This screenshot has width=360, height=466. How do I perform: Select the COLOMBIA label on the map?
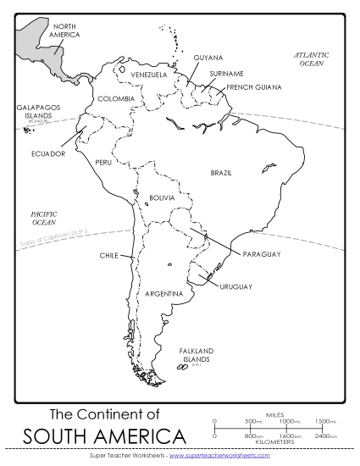coord(116,98)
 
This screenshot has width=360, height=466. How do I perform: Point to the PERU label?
coord(103,162)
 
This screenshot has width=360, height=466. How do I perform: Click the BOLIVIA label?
coord(162,197)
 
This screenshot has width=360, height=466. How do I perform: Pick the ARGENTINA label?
coord(164,293)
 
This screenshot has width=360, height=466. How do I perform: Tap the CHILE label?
coord(108,254)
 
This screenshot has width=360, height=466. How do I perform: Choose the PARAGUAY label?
coord(261,254)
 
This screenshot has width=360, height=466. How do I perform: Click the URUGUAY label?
coord(236,286)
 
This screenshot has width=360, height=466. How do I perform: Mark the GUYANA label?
coord(208,58)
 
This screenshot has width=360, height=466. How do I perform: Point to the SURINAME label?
coord(226,74)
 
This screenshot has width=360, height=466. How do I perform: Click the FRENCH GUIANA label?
coord(253,86)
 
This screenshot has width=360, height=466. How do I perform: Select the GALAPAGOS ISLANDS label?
coord(34,112)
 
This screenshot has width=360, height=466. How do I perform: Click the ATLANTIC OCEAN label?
coord(311,58)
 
